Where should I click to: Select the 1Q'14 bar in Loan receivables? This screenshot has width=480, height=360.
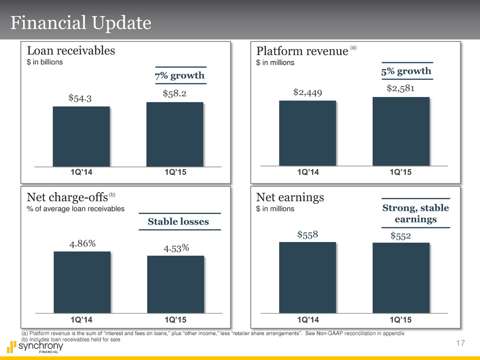pos(81,136)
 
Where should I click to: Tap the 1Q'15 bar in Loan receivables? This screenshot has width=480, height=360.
pos(175,134)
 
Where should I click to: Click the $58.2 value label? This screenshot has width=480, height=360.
pos(175,94)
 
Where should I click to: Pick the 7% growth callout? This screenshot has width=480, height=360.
pos(181,76)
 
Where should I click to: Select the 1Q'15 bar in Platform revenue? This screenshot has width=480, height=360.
pos(401,131)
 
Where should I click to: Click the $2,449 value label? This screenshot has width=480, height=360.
pos(307,92)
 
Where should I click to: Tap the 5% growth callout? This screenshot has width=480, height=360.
pos(406,71)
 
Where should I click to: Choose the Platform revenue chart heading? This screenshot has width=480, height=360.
pos(301,51)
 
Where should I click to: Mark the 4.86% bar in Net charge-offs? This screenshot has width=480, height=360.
pos(82,282)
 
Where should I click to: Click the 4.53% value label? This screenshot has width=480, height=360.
pos(176,248)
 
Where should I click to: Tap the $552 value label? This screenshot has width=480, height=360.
pos(401,236)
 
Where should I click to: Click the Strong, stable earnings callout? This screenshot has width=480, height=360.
pos(416,213)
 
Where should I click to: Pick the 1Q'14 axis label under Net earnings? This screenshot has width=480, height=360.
pos(307,320)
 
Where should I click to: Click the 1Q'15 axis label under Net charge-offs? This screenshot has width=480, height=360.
pos(175,320)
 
